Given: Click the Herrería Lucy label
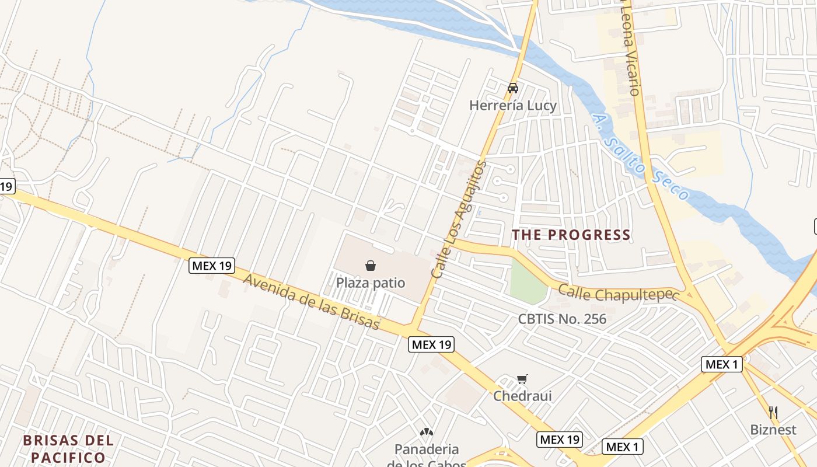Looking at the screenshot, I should (513, 106).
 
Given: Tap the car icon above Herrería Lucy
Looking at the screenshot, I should (513, 88).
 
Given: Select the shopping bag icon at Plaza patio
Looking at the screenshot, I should (371, 266).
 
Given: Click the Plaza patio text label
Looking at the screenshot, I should (371, 283).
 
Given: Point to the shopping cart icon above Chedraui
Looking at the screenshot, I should (522, 379).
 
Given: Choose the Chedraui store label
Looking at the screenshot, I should (522, 396).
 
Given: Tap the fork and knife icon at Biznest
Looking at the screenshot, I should (773, 413).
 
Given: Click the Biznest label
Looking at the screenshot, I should (773, 430).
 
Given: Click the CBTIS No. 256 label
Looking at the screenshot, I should (562, 319).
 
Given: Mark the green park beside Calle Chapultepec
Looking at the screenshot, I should (528, 282).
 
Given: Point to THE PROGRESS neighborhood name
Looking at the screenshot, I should (571, 235).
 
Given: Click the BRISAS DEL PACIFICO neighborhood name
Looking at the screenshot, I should (68, 448).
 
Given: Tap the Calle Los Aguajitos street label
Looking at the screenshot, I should (458, 219).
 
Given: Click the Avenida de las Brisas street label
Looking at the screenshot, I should (312, 301).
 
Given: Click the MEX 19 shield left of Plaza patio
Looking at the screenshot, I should (211, 266).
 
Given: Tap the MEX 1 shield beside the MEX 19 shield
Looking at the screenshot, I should (622, 447).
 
